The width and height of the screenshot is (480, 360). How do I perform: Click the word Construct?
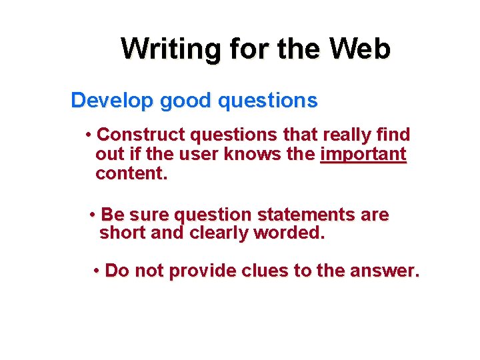click(141, 135)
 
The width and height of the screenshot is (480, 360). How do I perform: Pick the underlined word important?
click(363, 155)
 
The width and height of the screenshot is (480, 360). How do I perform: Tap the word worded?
click(289, 233)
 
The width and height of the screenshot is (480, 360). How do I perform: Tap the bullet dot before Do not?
click(97, 271)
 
